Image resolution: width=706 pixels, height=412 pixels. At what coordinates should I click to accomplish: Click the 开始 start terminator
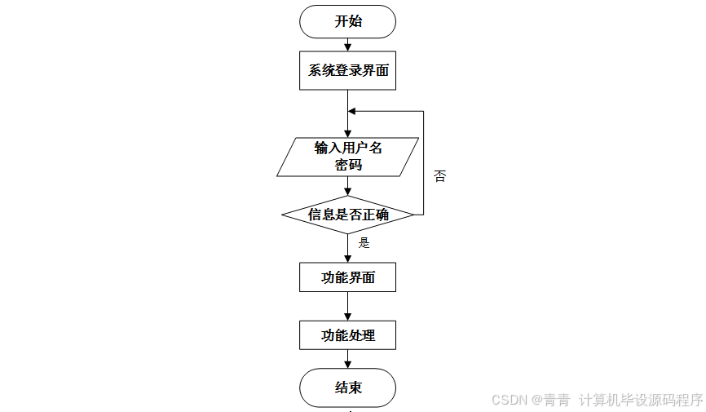pos(348,21)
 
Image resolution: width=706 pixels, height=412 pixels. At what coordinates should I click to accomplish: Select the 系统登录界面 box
pos(348,71)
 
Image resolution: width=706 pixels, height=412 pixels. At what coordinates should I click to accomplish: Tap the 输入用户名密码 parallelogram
pos(348,157)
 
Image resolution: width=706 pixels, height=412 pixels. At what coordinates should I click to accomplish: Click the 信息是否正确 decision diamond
pos(348,215)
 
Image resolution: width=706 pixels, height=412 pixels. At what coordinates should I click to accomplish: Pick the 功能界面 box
pos(348,277)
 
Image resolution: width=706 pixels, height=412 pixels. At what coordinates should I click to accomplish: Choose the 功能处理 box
pos(348,335)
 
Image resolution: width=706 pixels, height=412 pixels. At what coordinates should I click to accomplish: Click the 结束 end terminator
pos(348,388)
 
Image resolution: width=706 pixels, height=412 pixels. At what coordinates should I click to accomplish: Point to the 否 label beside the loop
pos(440,176)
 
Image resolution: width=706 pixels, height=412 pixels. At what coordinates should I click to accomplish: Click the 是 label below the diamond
pos(364,242)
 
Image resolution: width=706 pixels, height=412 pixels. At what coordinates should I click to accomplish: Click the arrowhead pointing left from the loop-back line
pos(352,111)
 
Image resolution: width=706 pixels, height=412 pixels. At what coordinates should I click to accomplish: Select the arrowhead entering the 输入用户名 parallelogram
pos(348,133)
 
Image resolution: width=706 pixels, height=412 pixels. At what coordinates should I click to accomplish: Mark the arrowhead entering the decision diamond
pos(348,192)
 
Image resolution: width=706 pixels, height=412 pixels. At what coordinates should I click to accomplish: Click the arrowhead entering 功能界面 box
pos(348,259)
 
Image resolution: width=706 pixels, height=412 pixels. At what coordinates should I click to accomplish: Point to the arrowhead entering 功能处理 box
pos(348,317)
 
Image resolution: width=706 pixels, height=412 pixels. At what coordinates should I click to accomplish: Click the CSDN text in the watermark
pos(510,401)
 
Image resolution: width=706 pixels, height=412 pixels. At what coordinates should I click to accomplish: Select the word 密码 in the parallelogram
pos(348,165)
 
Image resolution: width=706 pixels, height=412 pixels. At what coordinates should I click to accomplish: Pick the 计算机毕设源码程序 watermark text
pos(641,401)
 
